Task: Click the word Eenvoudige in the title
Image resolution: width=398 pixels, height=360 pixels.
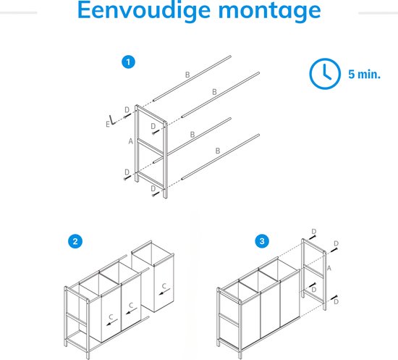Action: point(144,11)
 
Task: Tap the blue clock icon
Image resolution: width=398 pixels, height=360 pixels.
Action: point(325,74)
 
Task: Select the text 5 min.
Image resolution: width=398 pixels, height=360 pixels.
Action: point(365,74)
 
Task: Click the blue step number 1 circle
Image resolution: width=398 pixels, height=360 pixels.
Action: point(128,62)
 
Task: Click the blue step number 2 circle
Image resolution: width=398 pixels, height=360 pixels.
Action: point(75,241)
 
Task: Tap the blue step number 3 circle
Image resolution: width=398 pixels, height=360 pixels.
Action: point(262,241)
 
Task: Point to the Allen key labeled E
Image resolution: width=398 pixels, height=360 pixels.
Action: point(113,120)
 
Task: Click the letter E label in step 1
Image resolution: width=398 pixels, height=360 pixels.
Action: point(108,125)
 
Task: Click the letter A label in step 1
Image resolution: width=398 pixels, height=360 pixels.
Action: point(131,141)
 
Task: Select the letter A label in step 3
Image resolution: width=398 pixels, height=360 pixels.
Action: point(329,268)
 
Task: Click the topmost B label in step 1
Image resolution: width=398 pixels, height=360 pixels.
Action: point(187,75)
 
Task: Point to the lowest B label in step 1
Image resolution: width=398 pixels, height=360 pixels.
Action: point(218,151)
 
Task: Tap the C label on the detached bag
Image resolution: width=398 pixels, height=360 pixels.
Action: point(164,286)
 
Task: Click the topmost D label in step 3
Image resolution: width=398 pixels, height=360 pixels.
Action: point(314,232)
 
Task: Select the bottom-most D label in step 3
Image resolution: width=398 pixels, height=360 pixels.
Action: point(336,302)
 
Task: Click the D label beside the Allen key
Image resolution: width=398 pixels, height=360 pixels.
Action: point(127,110)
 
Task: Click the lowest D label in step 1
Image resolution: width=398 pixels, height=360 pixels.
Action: point(153,189)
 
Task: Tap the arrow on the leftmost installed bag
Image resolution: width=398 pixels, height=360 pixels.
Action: point(112,322)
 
